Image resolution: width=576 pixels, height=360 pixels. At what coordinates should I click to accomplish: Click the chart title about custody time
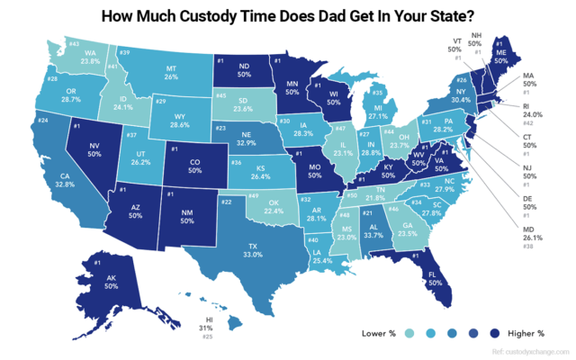pyautogui.click(x=288, y=15)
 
